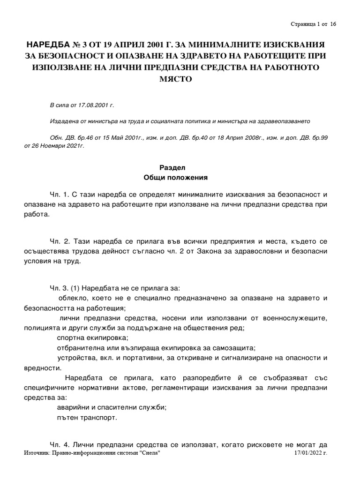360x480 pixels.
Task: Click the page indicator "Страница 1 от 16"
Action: (313, 24)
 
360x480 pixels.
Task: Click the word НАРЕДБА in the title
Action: (51, 45)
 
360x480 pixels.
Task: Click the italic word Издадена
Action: (65, 120)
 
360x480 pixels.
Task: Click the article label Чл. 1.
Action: (60, 194)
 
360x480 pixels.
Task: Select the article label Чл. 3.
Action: (60, 287)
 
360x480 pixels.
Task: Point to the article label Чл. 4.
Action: (60, 444)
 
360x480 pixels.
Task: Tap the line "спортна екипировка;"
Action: (92, 337)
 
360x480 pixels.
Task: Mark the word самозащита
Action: (232, 348)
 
